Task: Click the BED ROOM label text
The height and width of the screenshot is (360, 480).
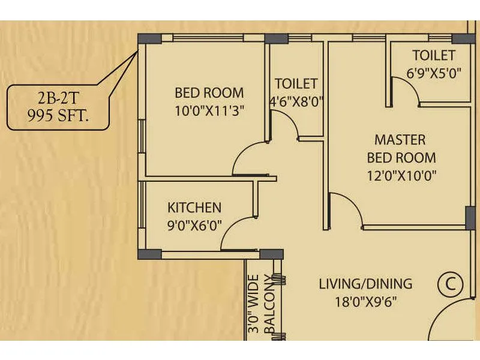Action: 209,93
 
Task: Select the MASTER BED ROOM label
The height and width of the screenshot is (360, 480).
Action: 401,149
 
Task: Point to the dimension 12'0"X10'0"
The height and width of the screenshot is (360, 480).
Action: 401,176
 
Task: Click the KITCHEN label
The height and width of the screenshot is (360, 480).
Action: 194,208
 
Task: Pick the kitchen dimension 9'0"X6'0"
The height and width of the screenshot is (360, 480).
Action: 194,226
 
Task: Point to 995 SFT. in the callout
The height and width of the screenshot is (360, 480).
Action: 58,116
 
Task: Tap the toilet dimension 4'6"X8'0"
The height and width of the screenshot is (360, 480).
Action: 296,101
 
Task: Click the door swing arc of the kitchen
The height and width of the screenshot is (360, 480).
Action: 234,235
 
